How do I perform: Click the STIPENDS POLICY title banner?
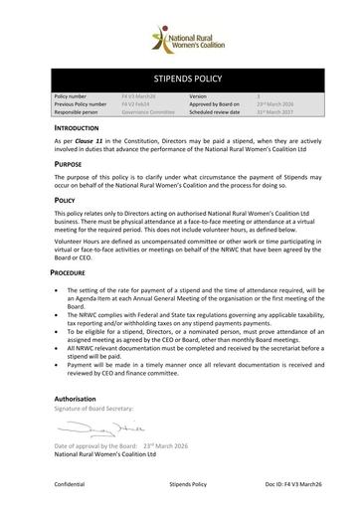coord(179,75)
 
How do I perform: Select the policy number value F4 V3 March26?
coord(139,96)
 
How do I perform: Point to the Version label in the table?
coord(198,96)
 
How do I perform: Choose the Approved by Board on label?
coord(214,104)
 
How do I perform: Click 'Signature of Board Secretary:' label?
coord(97,410)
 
